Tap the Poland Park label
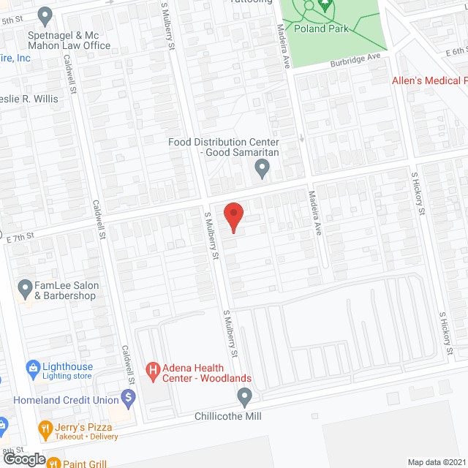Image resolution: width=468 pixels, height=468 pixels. (x=322, y=29)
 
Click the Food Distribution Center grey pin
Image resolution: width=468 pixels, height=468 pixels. (x=262, y=170)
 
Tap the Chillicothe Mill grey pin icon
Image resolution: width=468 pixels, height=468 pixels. (x=245, y=398)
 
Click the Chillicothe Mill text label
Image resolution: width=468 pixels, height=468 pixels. (x=227, y=416)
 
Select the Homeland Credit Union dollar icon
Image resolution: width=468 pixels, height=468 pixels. (x=129, y=399)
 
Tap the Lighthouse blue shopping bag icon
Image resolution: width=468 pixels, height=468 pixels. (x=32, y=367)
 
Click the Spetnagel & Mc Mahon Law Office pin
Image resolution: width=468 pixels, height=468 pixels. (x=45, y=15)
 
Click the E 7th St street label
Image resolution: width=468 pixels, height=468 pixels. (x=20, y=237)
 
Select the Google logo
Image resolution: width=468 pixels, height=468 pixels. (x=23, y=458)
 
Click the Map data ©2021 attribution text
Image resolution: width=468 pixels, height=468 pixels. (x=437, y=462)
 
